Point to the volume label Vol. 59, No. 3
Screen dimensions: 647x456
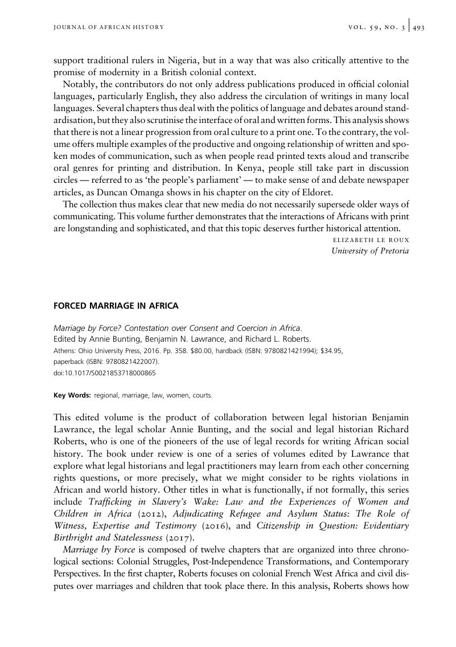(x=376, y=27)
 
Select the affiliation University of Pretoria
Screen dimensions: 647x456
(x=370, y=251)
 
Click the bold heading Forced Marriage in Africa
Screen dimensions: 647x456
(x=116, y=306)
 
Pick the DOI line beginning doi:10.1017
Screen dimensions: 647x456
(x=104, y=373)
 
